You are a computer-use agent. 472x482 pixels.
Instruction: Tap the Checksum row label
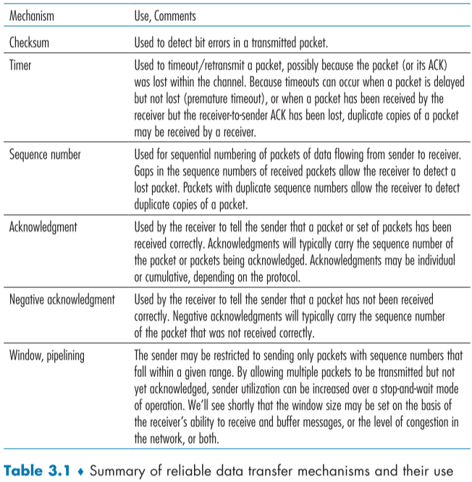29,42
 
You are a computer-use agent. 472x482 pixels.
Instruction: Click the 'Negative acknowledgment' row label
62,300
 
